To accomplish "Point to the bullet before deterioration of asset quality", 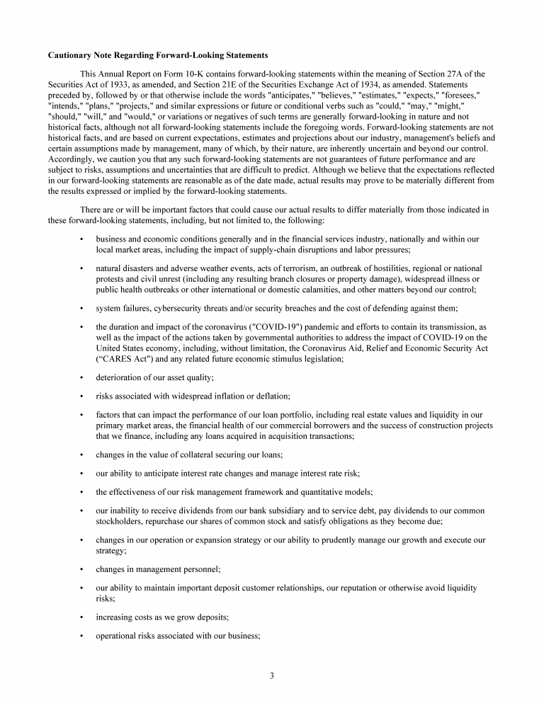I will pos(81,378).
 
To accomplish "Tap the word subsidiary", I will pos(283,510).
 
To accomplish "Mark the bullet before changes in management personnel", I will pos(81,568).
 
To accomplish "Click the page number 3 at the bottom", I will pos(271,675).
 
